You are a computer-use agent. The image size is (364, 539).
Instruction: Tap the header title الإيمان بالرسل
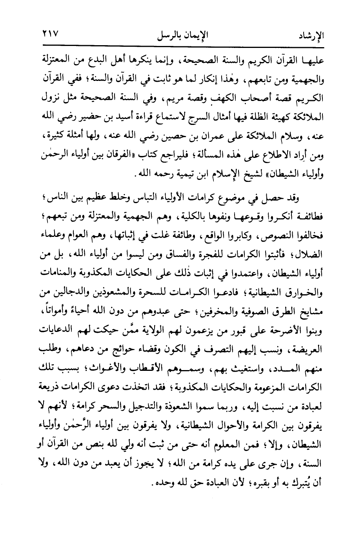coord(182,36)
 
